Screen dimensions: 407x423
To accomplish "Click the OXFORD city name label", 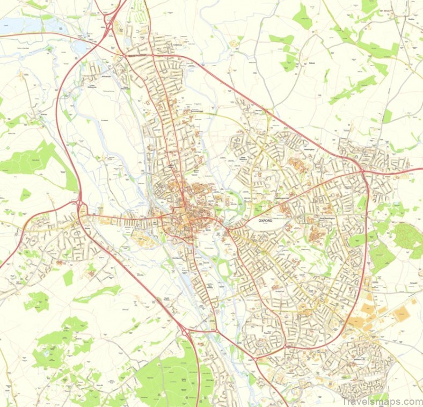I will click(265, 220).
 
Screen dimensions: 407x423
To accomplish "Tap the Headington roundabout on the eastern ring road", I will click(363, 170).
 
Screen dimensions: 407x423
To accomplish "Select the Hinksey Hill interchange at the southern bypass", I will click(186, 332).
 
